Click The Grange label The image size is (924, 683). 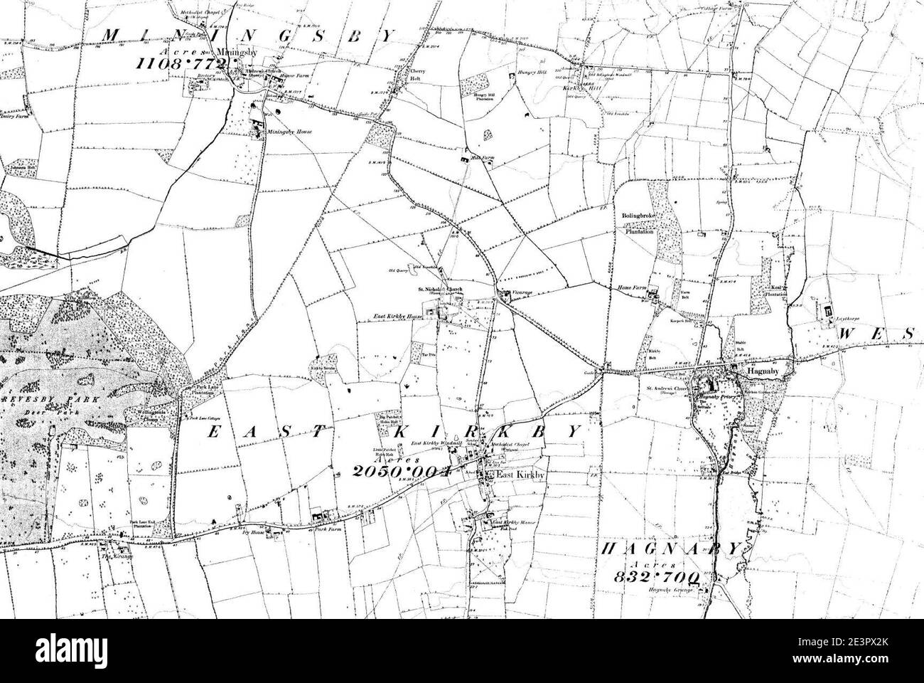[106, 557]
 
